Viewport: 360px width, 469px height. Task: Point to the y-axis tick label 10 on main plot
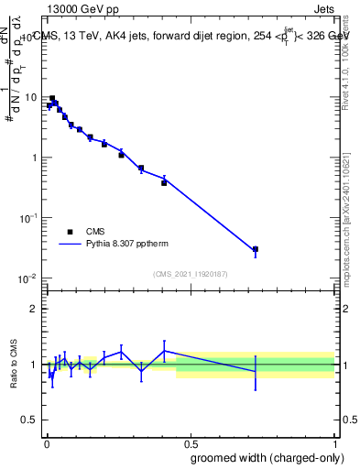[x=30, y=97]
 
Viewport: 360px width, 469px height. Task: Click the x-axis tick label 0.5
[x=191, y=443]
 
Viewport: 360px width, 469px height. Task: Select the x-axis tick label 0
[x=46, y=443]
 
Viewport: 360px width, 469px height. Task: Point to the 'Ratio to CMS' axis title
[x=14, y=365]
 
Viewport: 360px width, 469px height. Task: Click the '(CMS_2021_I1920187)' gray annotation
[x=191, y=273]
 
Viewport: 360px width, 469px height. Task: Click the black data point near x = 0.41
[x=164, y=183]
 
